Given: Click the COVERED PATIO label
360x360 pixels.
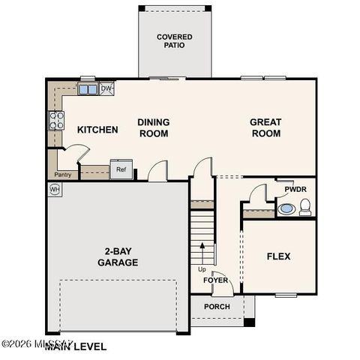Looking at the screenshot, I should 174,40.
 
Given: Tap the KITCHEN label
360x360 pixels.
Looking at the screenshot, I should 97,130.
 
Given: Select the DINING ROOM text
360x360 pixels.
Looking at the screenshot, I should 153,127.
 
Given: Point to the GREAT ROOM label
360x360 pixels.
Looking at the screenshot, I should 265,127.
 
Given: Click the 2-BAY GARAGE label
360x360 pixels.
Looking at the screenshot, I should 117,257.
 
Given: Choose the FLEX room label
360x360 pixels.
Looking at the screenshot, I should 278,256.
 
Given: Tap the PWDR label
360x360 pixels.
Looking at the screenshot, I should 295,190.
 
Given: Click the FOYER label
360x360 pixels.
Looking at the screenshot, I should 215,280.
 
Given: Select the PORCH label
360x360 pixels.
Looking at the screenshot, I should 216,306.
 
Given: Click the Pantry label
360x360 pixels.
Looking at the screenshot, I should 62,175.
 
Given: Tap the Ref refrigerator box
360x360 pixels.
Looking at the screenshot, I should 121,169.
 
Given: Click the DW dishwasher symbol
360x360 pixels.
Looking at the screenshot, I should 106,88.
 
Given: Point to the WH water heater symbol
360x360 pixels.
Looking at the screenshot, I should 55,190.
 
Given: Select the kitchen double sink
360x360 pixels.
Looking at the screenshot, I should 88,89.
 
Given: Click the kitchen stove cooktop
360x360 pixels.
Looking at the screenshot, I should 56,121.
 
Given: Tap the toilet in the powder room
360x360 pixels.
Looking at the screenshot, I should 306,208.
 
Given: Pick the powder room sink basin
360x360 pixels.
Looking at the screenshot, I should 287,208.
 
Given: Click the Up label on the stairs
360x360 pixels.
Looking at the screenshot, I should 202,269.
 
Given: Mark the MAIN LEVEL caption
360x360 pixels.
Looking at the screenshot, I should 75,347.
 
